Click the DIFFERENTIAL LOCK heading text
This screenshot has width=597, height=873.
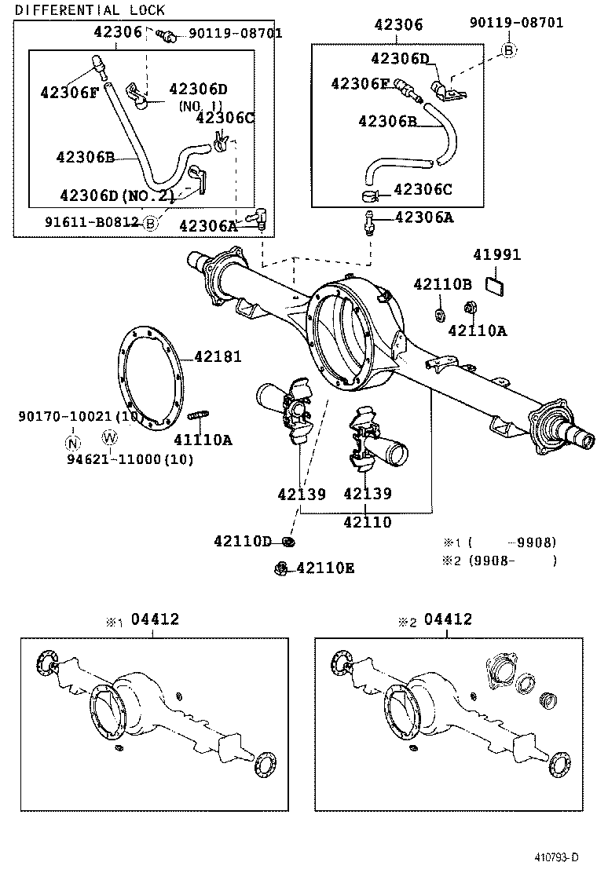[90, 10]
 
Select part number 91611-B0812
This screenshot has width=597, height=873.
[93, 222]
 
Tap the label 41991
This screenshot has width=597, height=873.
[496, 255]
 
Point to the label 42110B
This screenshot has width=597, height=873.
[442, 284]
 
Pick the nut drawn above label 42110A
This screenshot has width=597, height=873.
[471, 307]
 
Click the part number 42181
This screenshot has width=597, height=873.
[218, 356]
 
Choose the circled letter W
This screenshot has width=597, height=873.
[109, 437]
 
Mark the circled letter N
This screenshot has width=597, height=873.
[73, 441]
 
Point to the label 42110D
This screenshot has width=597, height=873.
[242, 542]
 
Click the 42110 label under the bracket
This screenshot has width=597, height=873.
[367, 522]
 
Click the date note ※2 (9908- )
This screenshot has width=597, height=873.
[500, 561]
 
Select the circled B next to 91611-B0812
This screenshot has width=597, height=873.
[151, 223]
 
